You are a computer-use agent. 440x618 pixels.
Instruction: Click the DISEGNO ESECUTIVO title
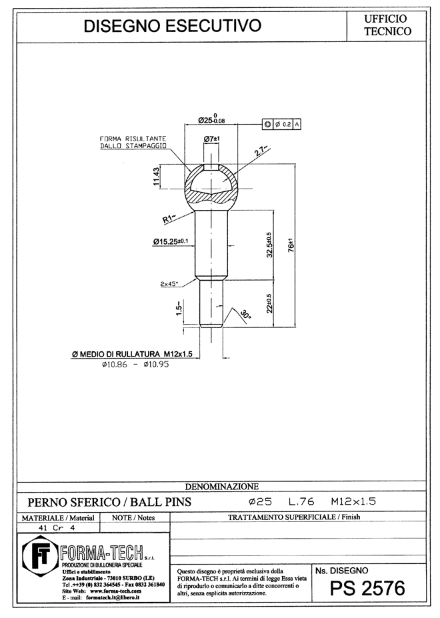172,26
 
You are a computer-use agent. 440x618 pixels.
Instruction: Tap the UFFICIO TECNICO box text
387,25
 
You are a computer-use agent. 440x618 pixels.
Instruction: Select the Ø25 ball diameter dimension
211,119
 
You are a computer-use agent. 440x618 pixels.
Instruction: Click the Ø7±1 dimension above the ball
212,139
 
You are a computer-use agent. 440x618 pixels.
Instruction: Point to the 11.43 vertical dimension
157,177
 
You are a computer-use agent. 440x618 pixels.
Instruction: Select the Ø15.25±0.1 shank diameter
171,241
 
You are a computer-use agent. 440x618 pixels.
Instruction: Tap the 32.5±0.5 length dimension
270,245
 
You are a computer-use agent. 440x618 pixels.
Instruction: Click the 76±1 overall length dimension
291,245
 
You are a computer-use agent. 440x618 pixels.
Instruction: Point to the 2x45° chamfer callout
169,283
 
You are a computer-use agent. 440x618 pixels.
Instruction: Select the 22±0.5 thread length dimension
269,303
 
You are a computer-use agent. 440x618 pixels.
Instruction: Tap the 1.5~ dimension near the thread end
179,308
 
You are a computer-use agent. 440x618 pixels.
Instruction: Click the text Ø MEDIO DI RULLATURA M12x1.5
132,354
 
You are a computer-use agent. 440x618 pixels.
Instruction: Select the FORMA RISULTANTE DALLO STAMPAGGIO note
133,142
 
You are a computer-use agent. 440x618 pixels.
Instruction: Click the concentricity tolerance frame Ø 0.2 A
281,124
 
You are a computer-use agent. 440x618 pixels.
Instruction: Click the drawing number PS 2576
367,589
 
